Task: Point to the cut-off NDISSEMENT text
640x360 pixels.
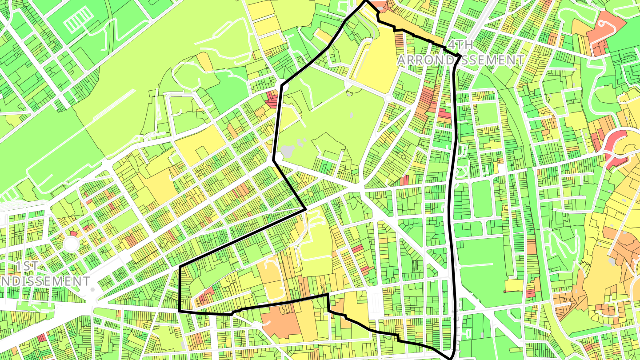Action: tap(44, 281)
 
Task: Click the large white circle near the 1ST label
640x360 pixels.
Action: tap(71, 244)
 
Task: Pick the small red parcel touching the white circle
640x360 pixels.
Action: tap(73, 233)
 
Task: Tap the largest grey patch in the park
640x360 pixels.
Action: tap(288, 151)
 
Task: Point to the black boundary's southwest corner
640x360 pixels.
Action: tap(179, 311)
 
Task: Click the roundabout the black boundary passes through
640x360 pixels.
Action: tap(281, 84)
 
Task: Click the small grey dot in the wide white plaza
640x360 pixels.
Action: tap(92, 290)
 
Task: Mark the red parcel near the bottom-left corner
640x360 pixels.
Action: tap(41, 337)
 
